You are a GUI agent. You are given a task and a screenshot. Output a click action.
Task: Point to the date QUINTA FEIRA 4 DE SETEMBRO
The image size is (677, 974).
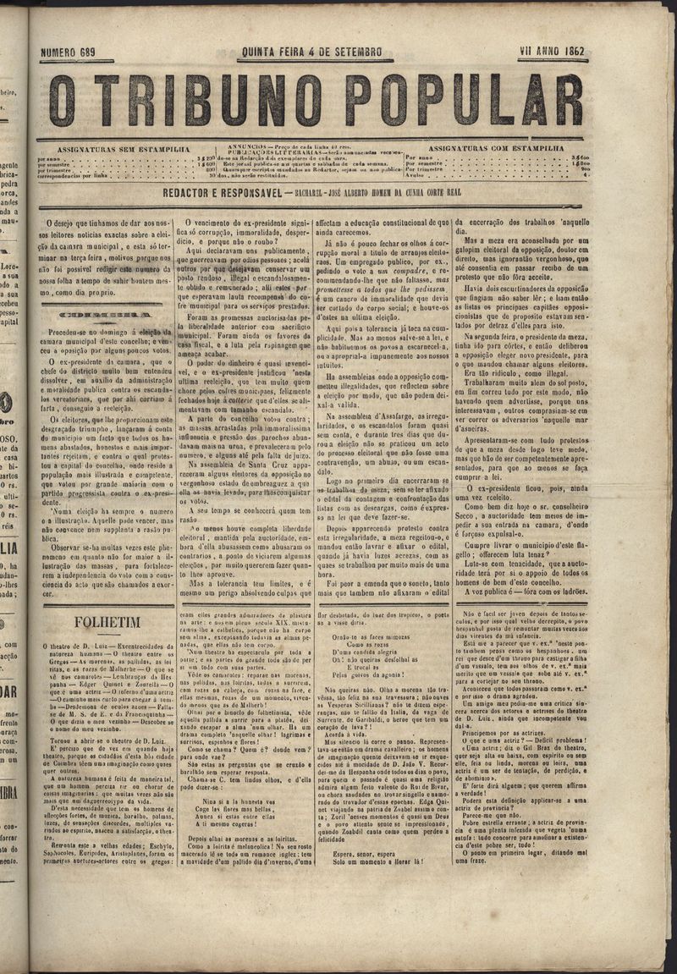pyautogui.click(x=311, y=52)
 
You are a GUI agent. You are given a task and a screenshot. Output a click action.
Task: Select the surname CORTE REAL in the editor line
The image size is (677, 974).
pyautogui.click(x=479, y=195)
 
